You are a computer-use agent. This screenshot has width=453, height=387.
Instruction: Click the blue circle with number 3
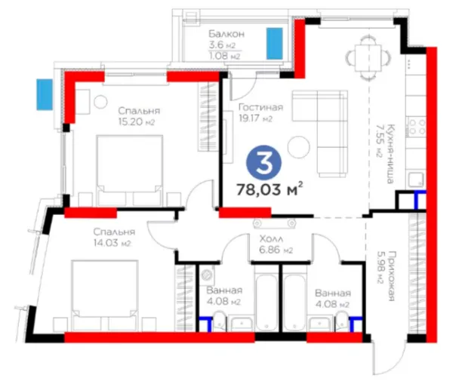point(263,163)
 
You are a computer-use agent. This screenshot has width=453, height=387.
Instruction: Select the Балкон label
point(226,34)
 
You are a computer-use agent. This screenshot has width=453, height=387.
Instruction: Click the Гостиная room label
point(260,107)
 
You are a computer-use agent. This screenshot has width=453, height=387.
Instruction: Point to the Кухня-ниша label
point(390,154)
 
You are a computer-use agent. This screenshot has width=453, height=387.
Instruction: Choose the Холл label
point(271,238)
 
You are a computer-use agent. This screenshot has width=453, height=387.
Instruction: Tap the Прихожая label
point(391,276)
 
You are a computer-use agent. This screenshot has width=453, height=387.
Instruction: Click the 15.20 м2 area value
point(137,121)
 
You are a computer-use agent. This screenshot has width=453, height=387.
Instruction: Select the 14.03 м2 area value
point(112,243)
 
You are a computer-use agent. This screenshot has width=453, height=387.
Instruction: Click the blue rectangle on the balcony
point(275,44)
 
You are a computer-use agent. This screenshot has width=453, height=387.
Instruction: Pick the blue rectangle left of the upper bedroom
point(45,94)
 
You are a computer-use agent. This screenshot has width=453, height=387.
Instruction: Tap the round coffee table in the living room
point(299,147)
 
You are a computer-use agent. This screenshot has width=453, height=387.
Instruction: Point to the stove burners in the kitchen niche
point(416,127)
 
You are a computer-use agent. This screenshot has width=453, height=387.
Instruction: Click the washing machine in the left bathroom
point(207,275)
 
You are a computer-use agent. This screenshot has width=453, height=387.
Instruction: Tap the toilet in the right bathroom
point(342,321)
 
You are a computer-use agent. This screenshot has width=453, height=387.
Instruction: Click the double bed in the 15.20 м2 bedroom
point(130,170)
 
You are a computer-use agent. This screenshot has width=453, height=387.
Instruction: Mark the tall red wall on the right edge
point(431,195)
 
